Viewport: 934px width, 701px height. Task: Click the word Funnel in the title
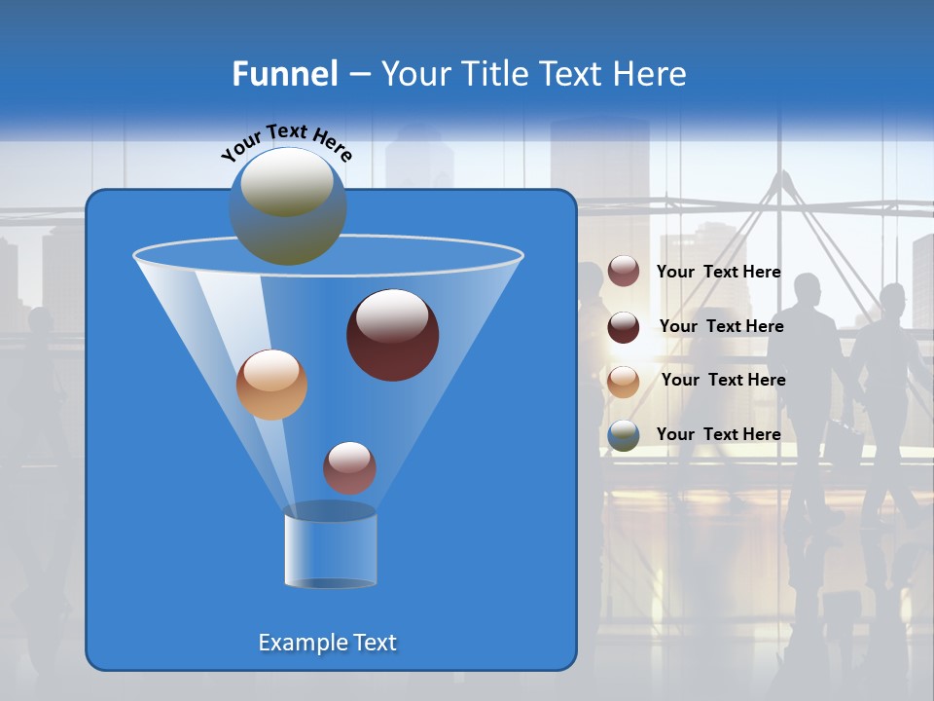click(285, 74)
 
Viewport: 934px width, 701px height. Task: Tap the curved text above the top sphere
click(286, 141)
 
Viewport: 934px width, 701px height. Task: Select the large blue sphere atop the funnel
click(288, 206)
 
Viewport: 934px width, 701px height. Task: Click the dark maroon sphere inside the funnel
click(392, 335)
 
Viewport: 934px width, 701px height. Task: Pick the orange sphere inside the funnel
click(271, 385)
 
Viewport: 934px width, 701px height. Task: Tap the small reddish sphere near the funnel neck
click(349, 467)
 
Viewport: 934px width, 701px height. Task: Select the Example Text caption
click(327, 643)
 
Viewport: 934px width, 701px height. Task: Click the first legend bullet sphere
click(624, 272)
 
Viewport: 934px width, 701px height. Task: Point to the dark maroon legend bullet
click(624, 327)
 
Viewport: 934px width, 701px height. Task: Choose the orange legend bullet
click(624, 382)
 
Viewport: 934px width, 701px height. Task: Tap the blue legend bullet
click(624, 435)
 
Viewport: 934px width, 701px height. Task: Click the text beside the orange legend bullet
click(723, 380)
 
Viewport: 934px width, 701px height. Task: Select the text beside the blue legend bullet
click(718, 434)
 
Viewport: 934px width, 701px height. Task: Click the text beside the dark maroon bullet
click(721, 326)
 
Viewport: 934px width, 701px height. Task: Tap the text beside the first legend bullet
click(718, 272)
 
